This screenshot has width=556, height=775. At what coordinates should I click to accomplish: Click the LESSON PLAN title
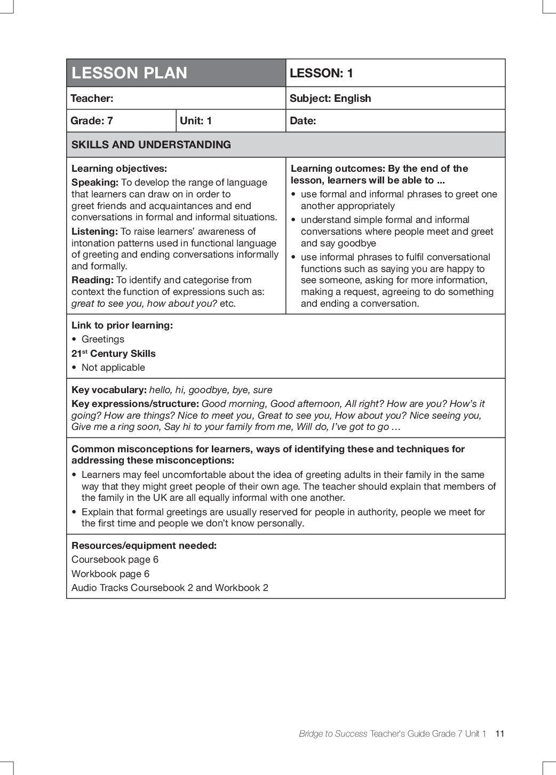129,73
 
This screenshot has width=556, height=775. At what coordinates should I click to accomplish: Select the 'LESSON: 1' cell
321,74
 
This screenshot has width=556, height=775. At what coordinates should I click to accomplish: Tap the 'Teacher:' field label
92,99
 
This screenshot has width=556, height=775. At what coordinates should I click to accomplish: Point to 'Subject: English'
330,99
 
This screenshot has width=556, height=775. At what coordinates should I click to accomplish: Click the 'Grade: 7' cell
92,121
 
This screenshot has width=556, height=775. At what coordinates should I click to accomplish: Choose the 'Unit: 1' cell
196,121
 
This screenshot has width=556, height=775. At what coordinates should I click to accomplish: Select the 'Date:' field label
303,121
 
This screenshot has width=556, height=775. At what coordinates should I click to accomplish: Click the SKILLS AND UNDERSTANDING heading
151,145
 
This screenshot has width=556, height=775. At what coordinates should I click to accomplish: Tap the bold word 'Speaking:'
95,182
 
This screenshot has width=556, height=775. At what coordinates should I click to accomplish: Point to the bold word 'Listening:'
94,231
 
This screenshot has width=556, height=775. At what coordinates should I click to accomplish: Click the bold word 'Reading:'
92,280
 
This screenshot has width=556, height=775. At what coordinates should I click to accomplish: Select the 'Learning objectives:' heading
119,169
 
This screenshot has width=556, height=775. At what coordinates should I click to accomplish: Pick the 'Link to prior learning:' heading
122,325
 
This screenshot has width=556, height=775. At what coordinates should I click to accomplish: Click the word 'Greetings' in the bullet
103,339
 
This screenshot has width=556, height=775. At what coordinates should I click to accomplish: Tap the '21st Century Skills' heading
114,354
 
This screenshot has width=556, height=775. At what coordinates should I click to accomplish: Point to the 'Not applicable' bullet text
113,367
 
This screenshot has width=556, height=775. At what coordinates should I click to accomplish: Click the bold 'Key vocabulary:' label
109,390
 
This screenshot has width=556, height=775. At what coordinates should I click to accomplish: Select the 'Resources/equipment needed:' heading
144,546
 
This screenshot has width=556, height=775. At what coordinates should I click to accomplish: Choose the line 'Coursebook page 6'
115,560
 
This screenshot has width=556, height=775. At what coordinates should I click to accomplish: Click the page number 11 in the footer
499,733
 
